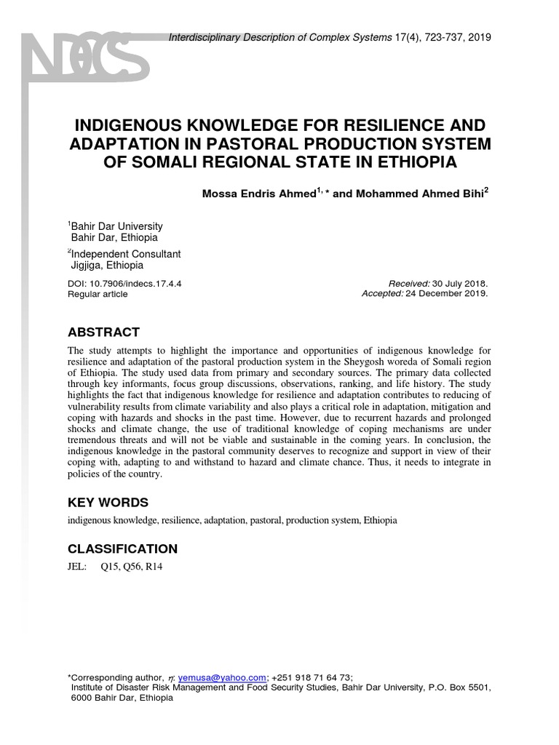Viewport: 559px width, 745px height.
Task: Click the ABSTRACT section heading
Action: [x=103, y=332]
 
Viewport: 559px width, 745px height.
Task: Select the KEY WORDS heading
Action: [x=108, y=503]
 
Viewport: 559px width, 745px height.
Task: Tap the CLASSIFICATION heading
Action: [x=122, y=549]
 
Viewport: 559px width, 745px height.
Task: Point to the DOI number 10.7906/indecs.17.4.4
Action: [x=135, y=283]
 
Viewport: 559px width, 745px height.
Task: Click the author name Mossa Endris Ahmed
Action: [x=258, y=194]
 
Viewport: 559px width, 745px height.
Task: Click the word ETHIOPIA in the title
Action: [x=414, y=162]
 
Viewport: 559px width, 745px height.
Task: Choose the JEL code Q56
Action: [x=132, y=567]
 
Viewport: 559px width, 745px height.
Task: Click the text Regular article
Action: [x=98, y=294]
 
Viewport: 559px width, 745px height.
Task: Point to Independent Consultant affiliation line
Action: [x=125, y=254]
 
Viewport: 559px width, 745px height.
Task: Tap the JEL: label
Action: [x=77, y=567]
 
